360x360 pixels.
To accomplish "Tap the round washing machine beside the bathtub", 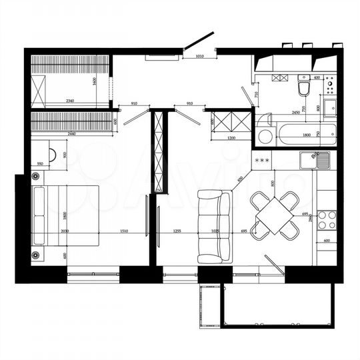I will pyautogui.click(x=265, y=136).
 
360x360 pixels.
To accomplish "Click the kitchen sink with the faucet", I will pyautogui.click(x=314, y=160).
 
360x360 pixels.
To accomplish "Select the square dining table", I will pyautogui.click(x=274, y=215).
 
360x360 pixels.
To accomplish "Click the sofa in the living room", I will pyautogui.click(x=213, y=227).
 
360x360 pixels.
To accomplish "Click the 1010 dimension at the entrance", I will pyautogui.click(x=199, y=56).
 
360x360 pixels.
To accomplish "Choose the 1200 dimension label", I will pyautogui.click(x=231, y=137).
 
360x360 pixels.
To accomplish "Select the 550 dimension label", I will pyautogui.click(x=40, y=163).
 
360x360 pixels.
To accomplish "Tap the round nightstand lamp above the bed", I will pyautogui.click(x=36, y=177).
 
